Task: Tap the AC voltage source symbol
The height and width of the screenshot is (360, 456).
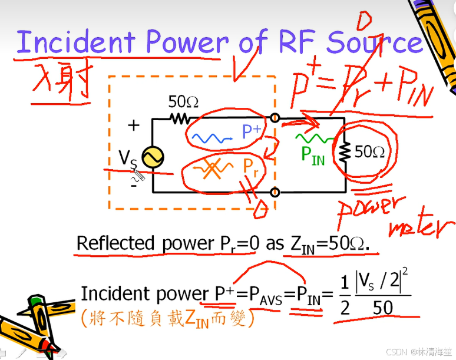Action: click(x=152, y=157)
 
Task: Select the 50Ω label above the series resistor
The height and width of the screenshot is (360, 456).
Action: click(x=183, y=101)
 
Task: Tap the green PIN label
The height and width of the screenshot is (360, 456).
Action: click(x=313, y=155)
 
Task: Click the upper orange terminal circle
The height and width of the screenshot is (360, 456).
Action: click(x=274, y=118)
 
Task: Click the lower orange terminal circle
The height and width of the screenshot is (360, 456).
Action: click(x=274, y=192)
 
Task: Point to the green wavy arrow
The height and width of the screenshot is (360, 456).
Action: click(x=312, y=138)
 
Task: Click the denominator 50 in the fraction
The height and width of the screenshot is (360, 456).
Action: click(x=382, y=308)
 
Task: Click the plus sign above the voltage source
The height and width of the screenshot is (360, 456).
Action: click(x=134, y=125)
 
